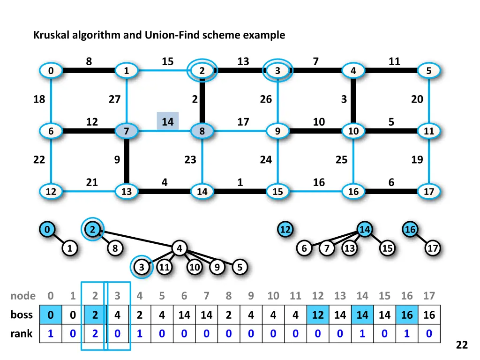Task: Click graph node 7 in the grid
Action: click(126, 131)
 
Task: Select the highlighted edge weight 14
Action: click(167, 122)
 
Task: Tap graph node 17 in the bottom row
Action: click(429, 191)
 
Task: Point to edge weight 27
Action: click(114, 99)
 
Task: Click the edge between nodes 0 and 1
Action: click(89, 71)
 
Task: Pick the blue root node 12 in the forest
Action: click(285, 230)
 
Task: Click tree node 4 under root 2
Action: click(179, 248)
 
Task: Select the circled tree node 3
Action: click(141, 267)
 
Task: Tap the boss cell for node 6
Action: click(184, 315)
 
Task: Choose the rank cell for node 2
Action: click(95, 334)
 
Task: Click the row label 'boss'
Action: click(22, 315)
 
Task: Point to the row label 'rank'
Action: click(22, 334)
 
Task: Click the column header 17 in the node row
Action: click(429, 296)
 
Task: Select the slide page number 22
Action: click(462, 345)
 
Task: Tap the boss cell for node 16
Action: click(407, 315)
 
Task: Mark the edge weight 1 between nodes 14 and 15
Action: click(240, 182)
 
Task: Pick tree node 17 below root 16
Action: click(432, 248)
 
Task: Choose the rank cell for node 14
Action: click(362, 334)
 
